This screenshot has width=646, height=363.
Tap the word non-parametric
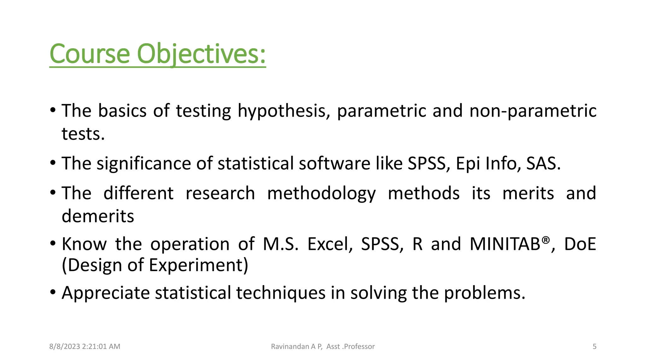click(x=533, y=111)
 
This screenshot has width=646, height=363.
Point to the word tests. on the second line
click(x=83, y=134)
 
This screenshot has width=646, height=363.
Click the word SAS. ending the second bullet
click(x=543, y=164)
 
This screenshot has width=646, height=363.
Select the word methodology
click(x=321, y=193)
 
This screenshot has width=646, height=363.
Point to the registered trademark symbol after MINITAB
click(x=546, y=240)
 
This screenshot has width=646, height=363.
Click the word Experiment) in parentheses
click(x=198, y=265)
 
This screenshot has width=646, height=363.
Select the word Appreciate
click(x=106, y=293)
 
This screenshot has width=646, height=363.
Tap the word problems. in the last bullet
click(x=484, y=293)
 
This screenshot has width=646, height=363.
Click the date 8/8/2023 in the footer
click(x=64, y=347)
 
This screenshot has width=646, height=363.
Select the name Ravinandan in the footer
click(x=290, y=347)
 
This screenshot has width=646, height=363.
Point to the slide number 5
click(x=594, y=347)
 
